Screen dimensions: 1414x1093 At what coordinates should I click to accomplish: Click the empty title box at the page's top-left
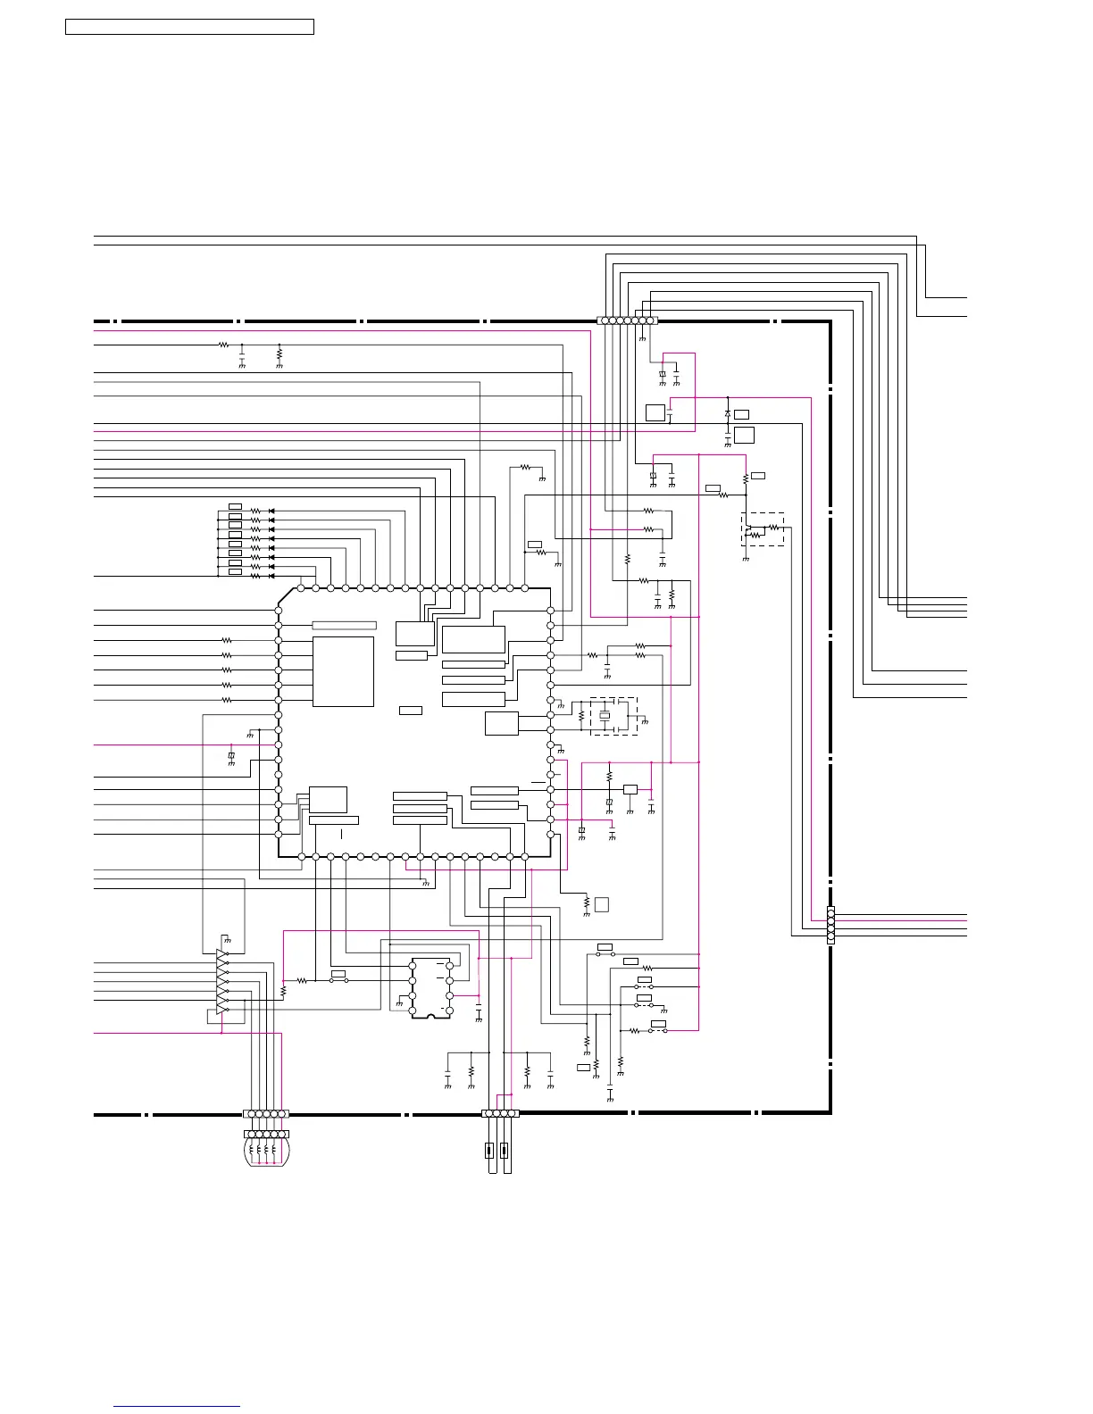pos(189,27)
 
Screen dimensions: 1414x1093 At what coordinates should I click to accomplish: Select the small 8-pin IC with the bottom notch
pos(431,987)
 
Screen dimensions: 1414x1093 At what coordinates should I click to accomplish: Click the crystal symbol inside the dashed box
pos(605,715)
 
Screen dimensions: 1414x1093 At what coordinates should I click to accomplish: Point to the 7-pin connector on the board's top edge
pos(627,320)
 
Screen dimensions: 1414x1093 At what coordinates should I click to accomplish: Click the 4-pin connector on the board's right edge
pos(830,925)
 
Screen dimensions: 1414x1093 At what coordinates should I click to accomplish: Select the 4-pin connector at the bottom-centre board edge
pos(500,1113)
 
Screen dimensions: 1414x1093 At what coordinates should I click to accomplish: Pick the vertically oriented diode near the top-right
pos(728,414)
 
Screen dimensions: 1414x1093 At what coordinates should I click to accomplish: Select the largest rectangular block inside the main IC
pos(343,671)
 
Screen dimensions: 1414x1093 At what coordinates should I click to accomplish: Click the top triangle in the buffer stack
pos(221,954)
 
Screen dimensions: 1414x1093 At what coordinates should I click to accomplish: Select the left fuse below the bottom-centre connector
pos(489,1150)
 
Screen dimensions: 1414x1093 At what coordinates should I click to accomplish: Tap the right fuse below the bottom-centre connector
pos(505,1150)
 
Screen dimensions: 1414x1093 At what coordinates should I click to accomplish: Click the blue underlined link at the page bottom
pos(177,1408)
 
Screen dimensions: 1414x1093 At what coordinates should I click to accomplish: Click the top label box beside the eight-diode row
pos(235,506)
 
